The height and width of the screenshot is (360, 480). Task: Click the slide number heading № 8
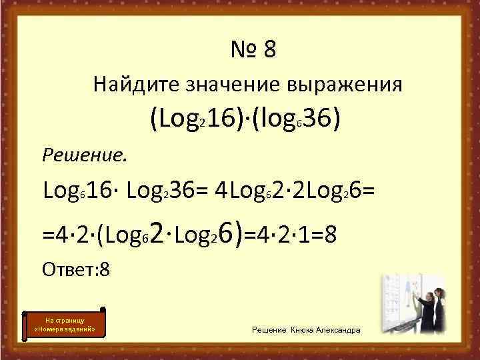pyautogui.click(x=253, y=49)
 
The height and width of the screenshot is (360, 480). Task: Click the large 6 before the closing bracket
pyautogui.click(x=225, y=233)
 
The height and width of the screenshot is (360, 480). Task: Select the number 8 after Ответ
pyautogui.click(x=104, y=270)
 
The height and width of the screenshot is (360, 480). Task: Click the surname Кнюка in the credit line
pyautogui.click(x=303, y=331)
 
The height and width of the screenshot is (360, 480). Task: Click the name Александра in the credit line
pyautogui.click(x=339, y=331)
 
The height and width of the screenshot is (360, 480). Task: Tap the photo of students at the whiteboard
pyautogui.click(x=414, y=303)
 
